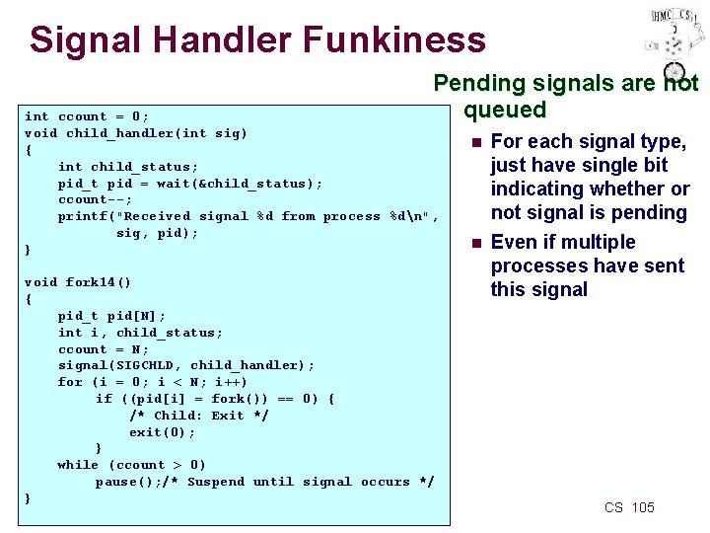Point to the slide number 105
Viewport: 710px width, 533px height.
[642, 507]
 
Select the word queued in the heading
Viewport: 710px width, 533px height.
[505, 110]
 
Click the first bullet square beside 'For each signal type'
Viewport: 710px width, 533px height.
[476, 143]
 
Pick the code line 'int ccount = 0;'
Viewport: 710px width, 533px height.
[87, 116]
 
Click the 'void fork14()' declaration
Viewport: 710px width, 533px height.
[78, 282]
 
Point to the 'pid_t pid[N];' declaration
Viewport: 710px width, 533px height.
[111, 316]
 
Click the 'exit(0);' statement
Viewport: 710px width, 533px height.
[162, 432]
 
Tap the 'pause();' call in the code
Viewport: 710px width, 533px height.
[127, 482]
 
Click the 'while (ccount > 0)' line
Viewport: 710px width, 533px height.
[132, 465]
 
